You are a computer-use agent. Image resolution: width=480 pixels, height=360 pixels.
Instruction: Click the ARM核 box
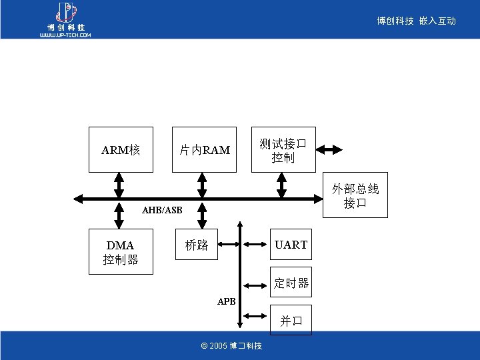(x=121, y=149)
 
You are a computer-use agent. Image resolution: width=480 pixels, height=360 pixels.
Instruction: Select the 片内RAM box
(x=204, y=149)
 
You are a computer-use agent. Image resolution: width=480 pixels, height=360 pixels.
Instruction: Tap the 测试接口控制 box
(x=283, y=149)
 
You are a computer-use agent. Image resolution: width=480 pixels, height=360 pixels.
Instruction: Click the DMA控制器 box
(x=121, y=252)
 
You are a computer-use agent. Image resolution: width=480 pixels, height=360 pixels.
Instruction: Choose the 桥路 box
(x=197, y=245)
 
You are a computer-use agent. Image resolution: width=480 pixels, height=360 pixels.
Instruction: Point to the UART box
(x=291, y=245)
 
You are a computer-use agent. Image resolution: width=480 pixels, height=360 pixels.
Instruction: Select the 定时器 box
(x=291, y=283)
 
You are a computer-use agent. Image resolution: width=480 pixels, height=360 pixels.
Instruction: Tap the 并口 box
(x=291, y=320)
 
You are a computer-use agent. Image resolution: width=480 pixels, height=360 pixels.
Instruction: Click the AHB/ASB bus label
(x=162, y=211)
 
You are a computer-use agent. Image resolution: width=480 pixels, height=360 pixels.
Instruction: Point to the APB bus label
(x=227, y=301)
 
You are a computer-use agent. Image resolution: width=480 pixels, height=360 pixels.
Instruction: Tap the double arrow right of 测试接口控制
(x=329, y=149)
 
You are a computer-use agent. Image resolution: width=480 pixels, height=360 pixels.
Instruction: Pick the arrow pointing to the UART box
(x=254, y=245)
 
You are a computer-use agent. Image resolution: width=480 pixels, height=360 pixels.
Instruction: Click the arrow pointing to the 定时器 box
(x=254, y=284)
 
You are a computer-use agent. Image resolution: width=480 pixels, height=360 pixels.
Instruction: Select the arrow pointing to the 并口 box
(x=254, y=315)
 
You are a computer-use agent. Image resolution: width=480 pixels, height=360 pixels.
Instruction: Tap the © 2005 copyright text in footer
(x=231, y=346)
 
